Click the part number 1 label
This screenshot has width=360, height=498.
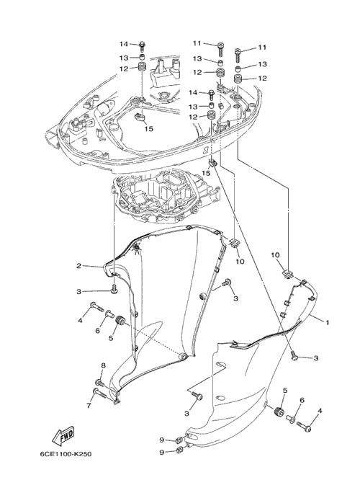(x=327, y=323)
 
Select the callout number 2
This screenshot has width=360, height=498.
(x=78, y=266)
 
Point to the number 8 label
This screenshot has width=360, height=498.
(x=103, y=366)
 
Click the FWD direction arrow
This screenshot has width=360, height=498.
(x=63, y=435)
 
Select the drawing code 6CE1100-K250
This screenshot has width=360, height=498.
(x=66, y=454)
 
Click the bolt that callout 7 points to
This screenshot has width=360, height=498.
(x=100, y=393)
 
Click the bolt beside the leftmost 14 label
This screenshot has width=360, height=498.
(x=142, y=47)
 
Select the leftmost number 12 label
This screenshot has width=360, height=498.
(x=124, y=68)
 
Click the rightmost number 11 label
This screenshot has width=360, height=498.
(x=261, y=48)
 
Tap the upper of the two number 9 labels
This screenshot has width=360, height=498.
(x=162, y=440)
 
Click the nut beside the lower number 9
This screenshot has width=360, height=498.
(x=179, y=450)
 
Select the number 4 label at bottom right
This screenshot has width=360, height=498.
(x=320, y=411)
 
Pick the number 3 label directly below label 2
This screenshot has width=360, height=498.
(x=78, y=292)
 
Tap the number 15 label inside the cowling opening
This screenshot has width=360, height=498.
(x=149, y=128)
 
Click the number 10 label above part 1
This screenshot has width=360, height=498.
(x=275, y=255)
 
